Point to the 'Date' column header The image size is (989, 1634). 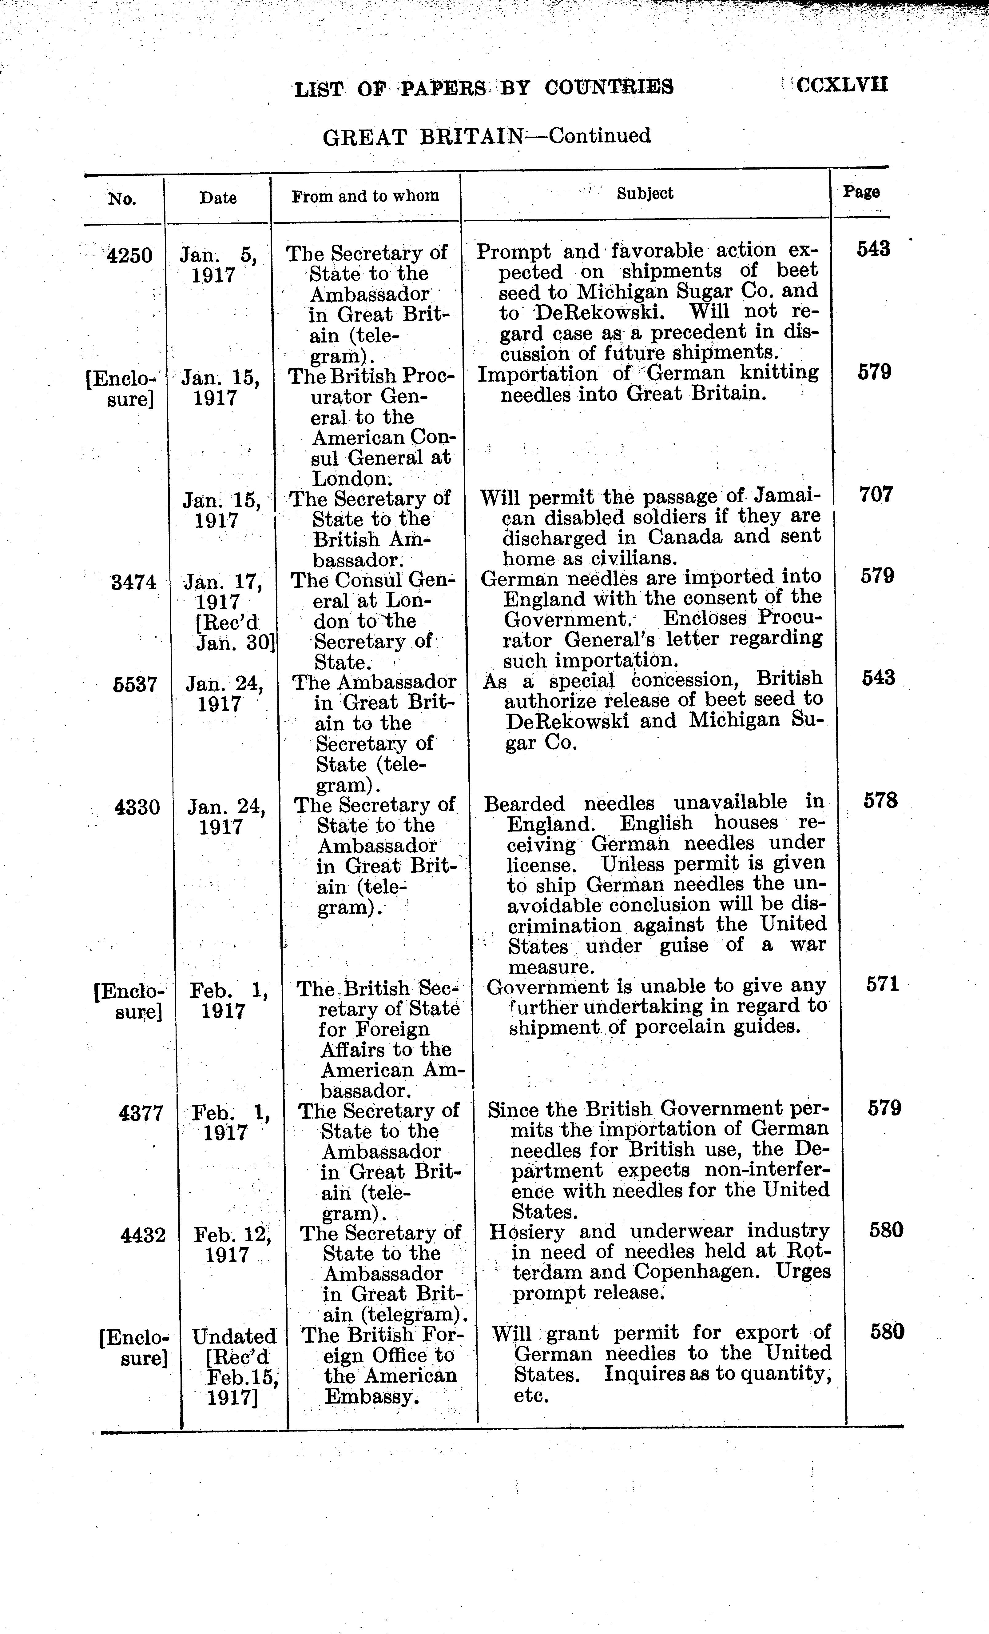click(x=218, y=198)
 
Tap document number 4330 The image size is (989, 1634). click(x=137, y=808)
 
